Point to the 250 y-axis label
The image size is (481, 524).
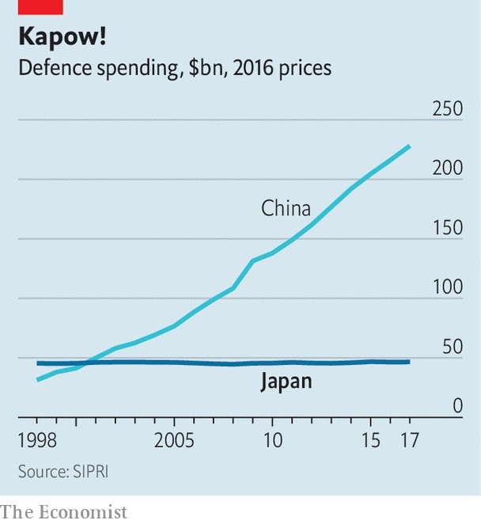point(447,108)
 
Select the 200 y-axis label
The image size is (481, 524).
point(447,168)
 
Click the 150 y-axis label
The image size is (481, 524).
point(447,227)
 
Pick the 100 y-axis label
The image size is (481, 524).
point(447,287)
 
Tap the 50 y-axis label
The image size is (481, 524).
point(452,346)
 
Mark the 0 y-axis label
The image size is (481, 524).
point(457,405)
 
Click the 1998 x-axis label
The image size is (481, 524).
point(37,439)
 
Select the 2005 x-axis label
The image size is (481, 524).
point(173,439)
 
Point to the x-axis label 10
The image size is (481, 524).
point(272,439)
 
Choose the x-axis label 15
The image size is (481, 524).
point(370,439)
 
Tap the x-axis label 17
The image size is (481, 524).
point(409,439)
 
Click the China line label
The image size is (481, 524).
point(286,209)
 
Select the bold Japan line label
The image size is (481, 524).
point(286,382)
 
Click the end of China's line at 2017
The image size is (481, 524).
point(409,146)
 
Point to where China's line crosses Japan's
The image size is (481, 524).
point(86,363)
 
